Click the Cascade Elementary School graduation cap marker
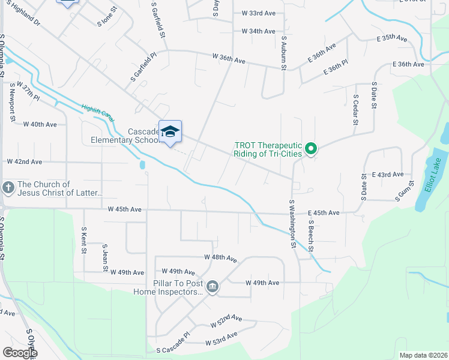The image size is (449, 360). (170, 132)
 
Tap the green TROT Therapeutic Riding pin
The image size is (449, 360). (310, 148)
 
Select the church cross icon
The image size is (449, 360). (8, 188)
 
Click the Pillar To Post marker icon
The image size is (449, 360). (212, 288)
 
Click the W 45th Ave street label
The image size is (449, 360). (124, 209)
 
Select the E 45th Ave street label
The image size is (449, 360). (324, 213)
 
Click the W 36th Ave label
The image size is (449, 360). (229, 59)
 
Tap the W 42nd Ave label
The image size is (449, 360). (24, 162)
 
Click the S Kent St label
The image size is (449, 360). (84, 239)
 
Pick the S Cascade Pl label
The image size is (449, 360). (172, 347)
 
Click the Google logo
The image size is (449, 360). (19, 353)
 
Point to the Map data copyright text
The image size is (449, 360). (423, 355)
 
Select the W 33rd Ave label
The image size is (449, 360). (258, 13)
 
